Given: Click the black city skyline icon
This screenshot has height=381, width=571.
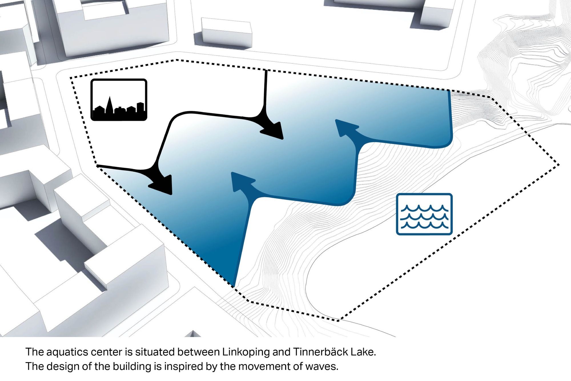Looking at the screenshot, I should [x=119, y=99].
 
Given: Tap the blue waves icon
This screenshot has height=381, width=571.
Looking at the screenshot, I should [x=424, y=214].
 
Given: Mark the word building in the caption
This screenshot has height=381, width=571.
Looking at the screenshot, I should [x=132, y=366].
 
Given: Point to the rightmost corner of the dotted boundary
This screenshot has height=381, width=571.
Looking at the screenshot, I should [x=558, y=165].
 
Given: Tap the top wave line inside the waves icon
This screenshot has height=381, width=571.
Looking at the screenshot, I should [x=424, y=208].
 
